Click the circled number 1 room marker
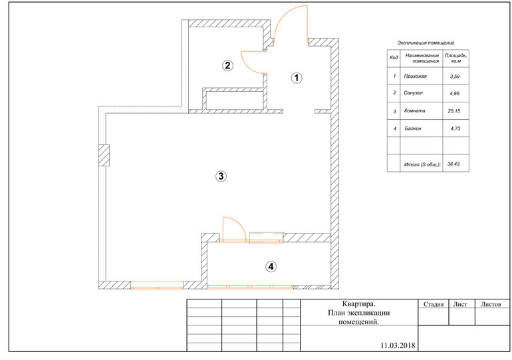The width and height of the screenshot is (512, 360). tap(297, 78)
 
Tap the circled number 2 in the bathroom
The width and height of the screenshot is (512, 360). tap(227, 65)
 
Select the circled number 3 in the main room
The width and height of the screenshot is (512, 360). tap(221, 176)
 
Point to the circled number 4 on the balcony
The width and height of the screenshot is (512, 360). tap(271, 267)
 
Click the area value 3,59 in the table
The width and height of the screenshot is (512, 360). tap(455, 77)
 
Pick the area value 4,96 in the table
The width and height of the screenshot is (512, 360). tap(455, 93)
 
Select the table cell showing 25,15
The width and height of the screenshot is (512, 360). tap(454, 111)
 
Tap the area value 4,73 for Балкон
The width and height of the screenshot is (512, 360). tap(455, 128)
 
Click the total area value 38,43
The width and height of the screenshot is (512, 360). tap(453, 164)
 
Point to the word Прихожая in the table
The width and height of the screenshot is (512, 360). tap(416, 77)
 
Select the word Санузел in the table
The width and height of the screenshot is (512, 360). tap(414, 92)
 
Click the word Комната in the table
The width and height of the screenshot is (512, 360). tap(415, 110)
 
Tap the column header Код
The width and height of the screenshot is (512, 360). tap(394, 57)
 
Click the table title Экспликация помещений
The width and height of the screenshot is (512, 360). tap(426, 43)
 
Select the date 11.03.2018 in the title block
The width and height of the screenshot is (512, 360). tap(398, 345)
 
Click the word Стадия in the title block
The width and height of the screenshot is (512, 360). tap(434, 305)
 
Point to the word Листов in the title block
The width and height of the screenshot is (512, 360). tap(491, 305)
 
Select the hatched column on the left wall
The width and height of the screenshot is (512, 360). tap(104, 156)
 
